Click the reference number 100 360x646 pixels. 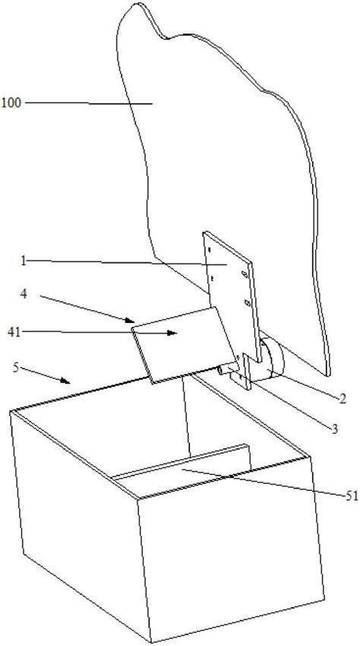click(x=11, y=102)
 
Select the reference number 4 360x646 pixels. click(x=25, y=296)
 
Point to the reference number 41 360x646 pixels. click(x=14, y=332)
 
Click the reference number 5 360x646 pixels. click(x=16, y=367)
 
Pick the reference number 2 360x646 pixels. click(x=342, y=398)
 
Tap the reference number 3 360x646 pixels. click(x=335, y=429)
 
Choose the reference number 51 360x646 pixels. click(x=352, y=496)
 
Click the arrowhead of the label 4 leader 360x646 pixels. click(x=131, y=320)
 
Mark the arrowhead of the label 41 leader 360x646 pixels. click(x=173, y=333)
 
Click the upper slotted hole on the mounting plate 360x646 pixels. click(x=245, y=274)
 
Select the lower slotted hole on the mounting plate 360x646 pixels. click(x=248, y=302)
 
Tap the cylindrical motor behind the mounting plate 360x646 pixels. click(x=273, y=357)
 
